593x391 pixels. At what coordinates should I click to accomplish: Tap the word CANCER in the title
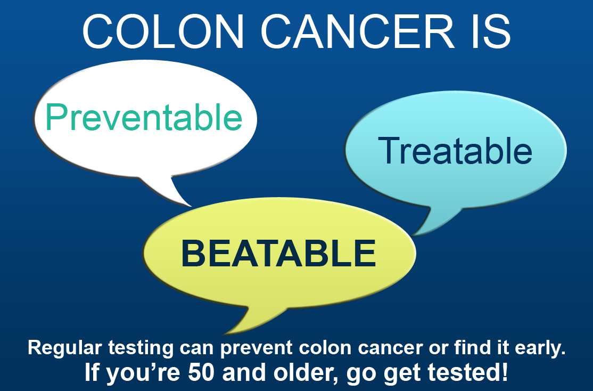coord(358,32)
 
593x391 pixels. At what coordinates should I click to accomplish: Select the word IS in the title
coord(492,32)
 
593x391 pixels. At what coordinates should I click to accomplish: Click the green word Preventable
coord(144,117)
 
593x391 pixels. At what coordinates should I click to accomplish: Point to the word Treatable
coord(455,151)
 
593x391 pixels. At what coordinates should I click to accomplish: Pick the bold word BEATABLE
coord(279,253)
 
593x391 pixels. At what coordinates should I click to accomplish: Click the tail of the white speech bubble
coord(167,191)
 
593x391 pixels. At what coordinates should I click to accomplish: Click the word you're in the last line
coord(143,373)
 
